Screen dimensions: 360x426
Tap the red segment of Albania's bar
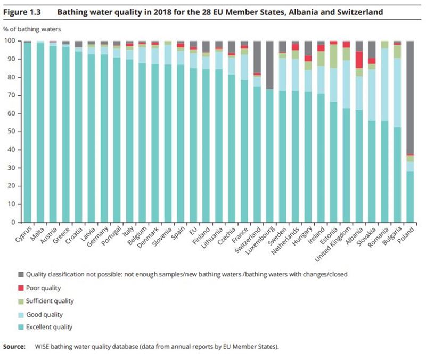coord(359,60)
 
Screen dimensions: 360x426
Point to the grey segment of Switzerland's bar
coord(257,57)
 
